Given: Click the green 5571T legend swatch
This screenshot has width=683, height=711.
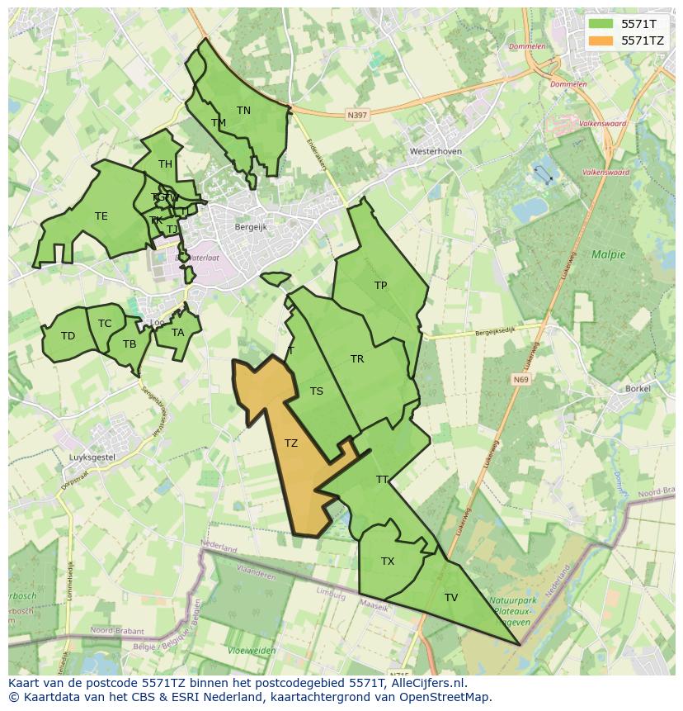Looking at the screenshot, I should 601,24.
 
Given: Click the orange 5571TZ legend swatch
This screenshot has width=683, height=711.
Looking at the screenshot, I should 601,40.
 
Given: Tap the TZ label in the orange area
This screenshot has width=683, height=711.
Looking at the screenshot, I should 291,443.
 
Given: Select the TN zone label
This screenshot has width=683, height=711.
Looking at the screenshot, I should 243,110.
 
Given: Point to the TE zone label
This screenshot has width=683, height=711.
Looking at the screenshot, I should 101,216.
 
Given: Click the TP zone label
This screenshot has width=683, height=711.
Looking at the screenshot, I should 380,286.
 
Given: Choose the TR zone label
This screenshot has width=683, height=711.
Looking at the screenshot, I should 357,359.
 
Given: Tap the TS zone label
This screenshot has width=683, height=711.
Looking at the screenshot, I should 317,391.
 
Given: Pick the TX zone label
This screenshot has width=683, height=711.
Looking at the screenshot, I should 388,562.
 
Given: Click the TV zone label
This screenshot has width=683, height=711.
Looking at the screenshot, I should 451,598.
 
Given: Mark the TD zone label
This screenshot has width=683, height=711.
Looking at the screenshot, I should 68,336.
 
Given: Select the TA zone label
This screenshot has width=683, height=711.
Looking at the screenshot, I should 178,333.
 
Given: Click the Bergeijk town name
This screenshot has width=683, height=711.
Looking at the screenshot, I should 251,226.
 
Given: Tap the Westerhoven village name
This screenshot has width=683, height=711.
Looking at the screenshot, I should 436,152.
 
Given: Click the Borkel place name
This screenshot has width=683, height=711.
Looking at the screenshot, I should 638,387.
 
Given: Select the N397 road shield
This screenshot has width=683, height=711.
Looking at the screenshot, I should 357,116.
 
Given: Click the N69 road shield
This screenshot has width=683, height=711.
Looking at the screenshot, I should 520,380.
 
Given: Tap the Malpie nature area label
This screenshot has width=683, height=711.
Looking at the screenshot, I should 608,254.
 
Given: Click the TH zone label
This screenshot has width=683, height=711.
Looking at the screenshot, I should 165,164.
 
